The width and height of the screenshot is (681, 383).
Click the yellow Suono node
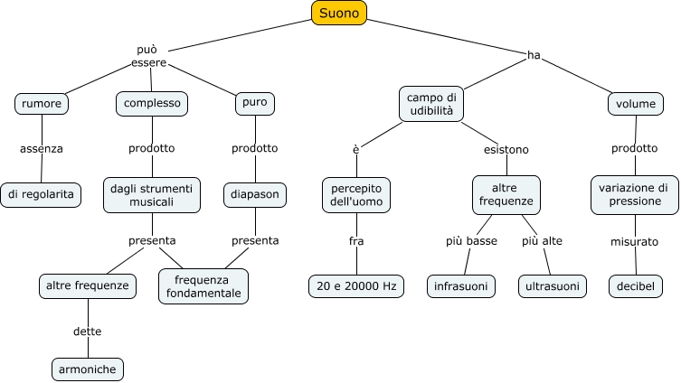[x=339, y=13]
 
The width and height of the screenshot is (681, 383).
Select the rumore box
[x=42, y=104]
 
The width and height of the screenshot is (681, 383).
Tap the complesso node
[x=152, y=104]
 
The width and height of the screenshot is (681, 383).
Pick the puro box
[x=254, y=104]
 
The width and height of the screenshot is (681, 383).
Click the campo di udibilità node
[x=432, y=104]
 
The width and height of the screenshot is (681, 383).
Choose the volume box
[x=635, y=104]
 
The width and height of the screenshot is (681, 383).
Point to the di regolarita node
[x=42, y=193]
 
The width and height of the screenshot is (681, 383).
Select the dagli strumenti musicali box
[x=152, y=194]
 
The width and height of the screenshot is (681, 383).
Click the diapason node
[x=256, y=193]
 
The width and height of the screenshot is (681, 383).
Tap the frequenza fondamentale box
[x=203, y=286]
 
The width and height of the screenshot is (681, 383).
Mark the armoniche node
[x=87, y=369]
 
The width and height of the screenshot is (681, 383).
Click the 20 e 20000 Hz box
[x=355, y=286]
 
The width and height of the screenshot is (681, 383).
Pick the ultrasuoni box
[x=552, y=286]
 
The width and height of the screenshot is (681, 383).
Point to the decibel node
[x=635, y=286]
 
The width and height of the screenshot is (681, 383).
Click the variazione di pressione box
[x=634, y=194]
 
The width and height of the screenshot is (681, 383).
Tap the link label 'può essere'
[x=147, y=55]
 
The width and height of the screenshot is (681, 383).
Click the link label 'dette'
[x=87, y=332]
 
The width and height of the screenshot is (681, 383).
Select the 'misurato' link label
[x=634, y=241]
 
